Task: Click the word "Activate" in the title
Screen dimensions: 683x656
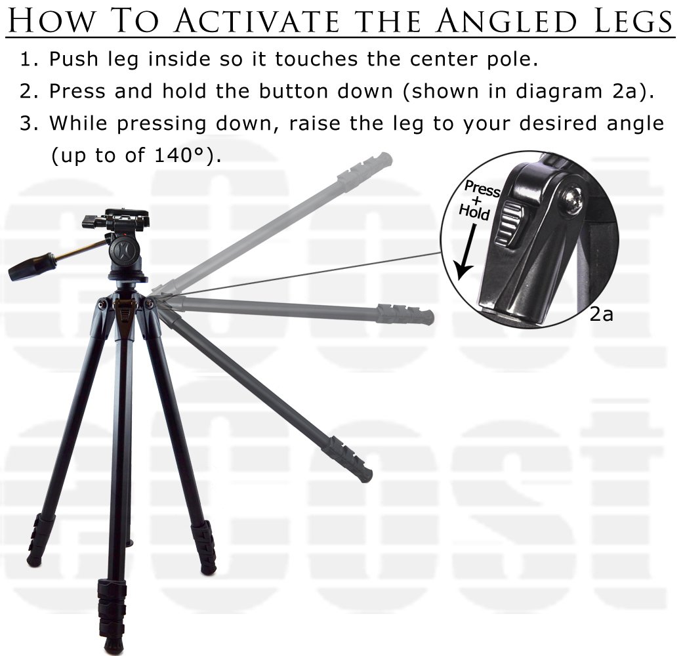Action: tap(257, 20)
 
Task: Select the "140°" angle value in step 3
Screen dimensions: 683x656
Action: tap(179, 155)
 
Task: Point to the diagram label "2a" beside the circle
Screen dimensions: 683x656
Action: tap(601, 314)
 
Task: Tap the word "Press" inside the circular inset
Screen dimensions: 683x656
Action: tap(482, 188)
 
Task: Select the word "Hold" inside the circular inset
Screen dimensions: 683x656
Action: tap(474, 212)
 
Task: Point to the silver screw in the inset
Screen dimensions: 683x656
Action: tap(571, 200)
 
